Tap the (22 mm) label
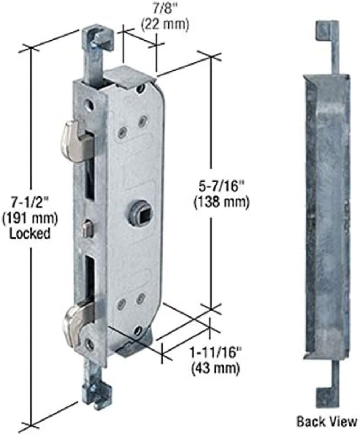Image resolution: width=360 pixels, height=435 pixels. point(164,25)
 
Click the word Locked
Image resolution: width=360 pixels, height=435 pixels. point(30,233)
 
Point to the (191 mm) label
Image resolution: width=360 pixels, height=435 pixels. point(30,218)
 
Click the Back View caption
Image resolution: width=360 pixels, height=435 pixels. point(326,422)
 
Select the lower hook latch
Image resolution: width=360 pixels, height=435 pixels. point(76,321)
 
